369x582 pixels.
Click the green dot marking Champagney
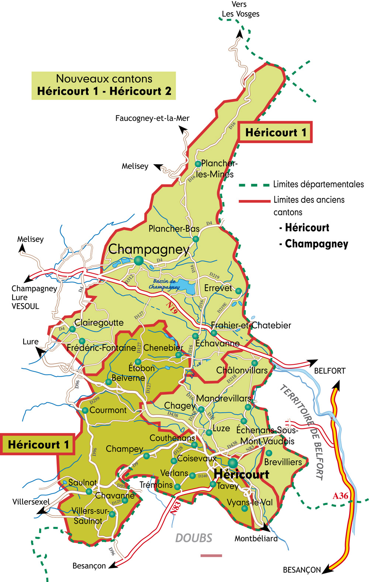click(x=139, y=260)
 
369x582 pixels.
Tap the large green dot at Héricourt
click(x=232, y=463)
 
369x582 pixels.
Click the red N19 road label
click(x=172, y=307)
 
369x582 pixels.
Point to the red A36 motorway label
click(x=340, y=496)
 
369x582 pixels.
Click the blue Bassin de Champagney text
click(x=164, y=284)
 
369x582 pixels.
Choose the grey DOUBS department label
click(x=194, y=538)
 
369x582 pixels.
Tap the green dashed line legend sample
click(x=254, y=185)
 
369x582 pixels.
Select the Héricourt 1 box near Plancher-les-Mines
click(x=276, y=132)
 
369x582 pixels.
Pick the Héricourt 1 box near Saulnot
click(x=38, y=444)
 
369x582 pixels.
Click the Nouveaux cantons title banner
click(x=104, y=85)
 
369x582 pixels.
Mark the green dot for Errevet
click(x=238, y=291)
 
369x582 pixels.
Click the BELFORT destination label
click(x=330, y=371)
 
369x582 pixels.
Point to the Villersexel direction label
click(x=31, y=502)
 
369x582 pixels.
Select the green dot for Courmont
click(x=85, y=410)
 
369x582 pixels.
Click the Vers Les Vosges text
click(x=240, y=9)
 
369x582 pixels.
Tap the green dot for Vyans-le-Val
click(x=244, y=509)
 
